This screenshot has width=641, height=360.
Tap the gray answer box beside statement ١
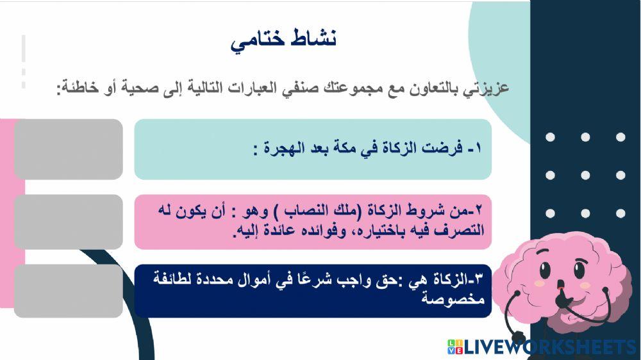[68, 149]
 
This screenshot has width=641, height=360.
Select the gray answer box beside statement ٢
[68, 222]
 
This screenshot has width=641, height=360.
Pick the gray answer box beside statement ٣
[68, 291]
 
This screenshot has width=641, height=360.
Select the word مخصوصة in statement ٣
[456, 299]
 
